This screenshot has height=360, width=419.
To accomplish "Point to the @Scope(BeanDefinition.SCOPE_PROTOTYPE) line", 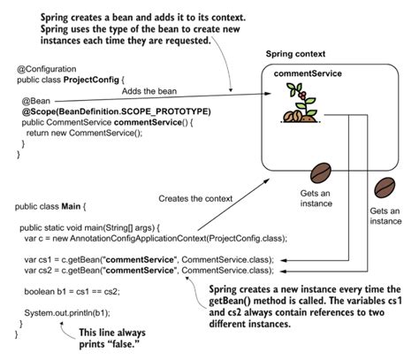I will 116,111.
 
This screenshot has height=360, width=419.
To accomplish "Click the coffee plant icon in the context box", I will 293,107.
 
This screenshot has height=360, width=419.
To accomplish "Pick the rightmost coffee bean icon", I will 385,187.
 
